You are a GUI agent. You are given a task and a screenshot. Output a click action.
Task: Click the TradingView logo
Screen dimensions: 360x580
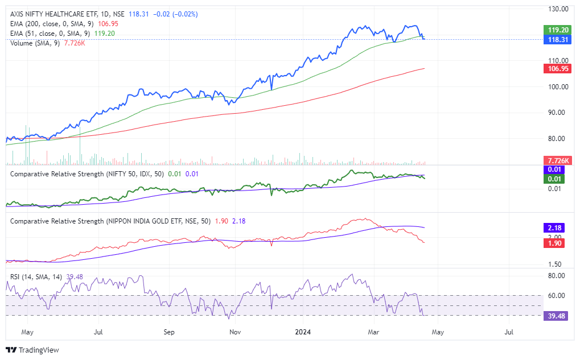click(x=32, y=350)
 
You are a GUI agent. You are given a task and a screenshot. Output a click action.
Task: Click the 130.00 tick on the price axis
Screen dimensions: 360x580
click(x=558, y=9)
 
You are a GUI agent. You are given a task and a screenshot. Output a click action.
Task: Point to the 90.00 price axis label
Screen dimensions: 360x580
click(x=558, y=113)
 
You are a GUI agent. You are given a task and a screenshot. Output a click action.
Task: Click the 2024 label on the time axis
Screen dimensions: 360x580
click(x=302, y=331)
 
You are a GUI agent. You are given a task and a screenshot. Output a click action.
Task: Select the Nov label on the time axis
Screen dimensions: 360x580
click(x=235, y=331)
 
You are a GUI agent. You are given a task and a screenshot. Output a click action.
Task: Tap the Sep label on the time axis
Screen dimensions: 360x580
click(x=168, y=331)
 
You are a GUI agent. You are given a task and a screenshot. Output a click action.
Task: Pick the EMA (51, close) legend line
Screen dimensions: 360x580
click(x=51, y=34)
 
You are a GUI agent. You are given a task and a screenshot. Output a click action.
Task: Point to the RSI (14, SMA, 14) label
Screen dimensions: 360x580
click(x=38, y=277)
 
